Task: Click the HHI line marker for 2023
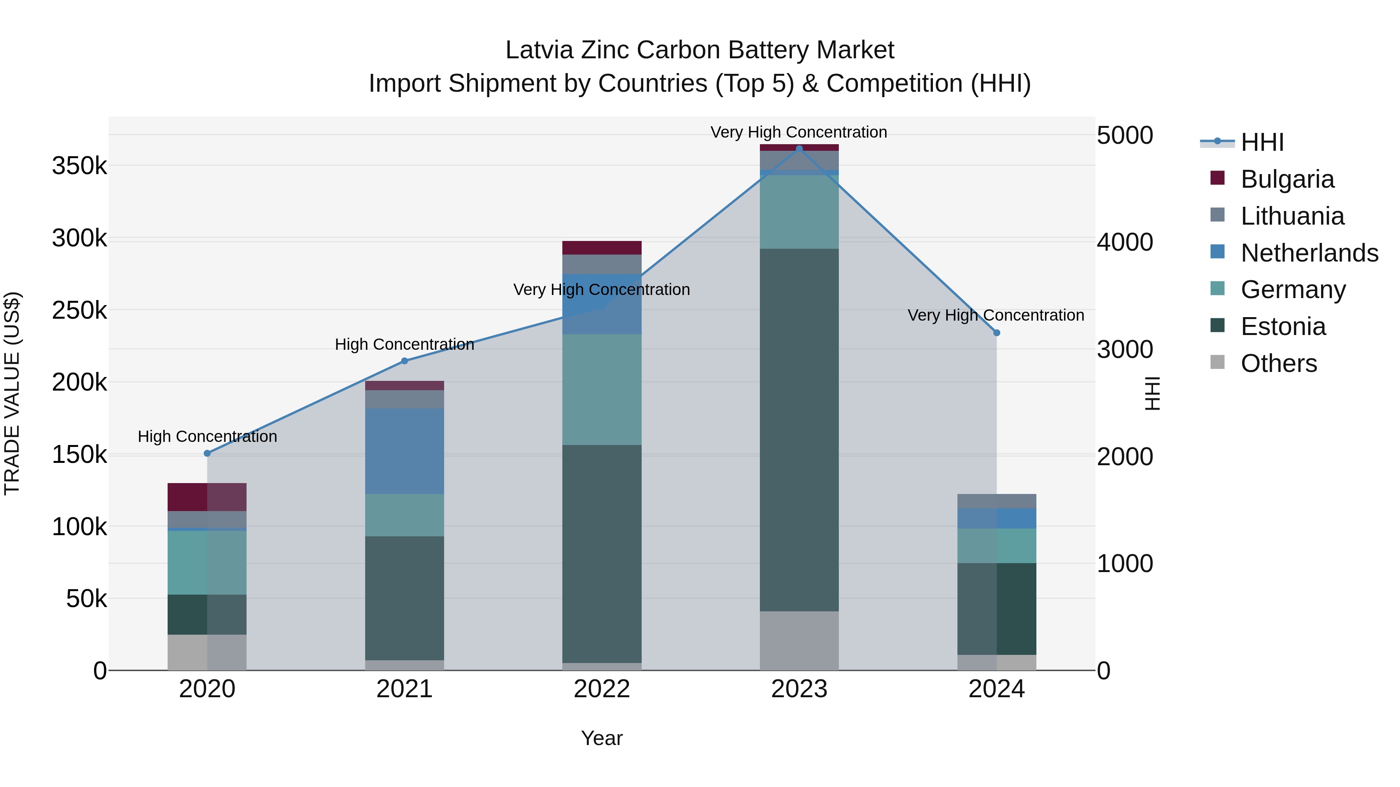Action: [x=799, y=149]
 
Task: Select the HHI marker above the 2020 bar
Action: [x=207, y=454]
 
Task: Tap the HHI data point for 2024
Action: [x=997, y=333]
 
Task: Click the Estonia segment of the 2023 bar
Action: [x=799, y=429]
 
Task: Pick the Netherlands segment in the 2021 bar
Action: [x=404, y=451]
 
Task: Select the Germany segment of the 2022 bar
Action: [x=602, y=389]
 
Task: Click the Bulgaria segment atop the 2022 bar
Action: [x=602, y=248]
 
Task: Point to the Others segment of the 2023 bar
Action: [x=799, y=640]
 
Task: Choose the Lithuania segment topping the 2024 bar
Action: [x=997, y=501]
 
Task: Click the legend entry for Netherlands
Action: [x=1309, y=253]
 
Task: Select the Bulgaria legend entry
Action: [x=1287, y=179]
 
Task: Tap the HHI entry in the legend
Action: [x=1262, y=142]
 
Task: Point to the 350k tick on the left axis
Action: [x=79, y=166]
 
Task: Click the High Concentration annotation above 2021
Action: [x=404, y=344]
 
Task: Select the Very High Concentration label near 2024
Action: [x=996, y=315]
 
